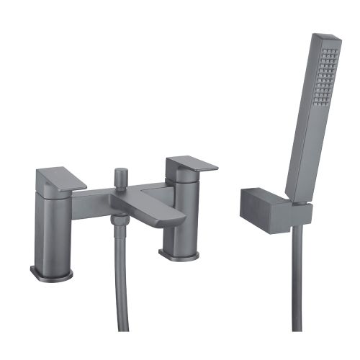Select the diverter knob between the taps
pos(120,176)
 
